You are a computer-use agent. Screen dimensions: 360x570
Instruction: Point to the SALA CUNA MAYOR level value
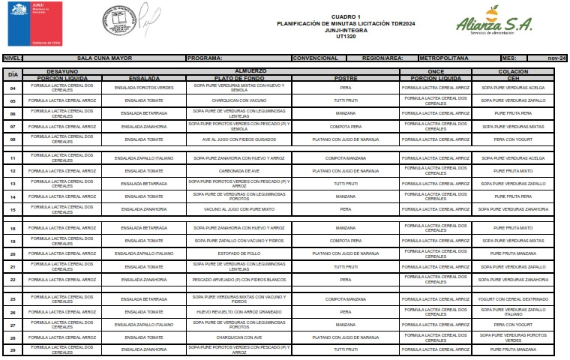(x=105, y=58)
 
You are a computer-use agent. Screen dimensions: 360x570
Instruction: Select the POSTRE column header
(x=345, y=76)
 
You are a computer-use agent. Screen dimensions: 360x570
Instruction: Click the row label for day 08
(x=13, y=139)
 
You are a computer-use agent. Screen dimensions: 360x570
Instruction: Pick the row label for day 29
(x=13, y=349)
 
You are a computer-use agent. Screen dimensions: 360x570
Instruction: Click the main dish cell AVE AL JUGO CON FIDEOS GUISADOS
(x=239, y=139)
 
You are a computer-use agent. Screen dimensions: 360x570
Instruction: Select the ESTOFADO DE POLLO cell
(x=239, y=253)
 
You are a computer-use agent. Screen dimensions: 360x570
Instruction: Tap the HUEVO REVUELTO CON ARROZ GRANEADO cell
(x=239, y=311)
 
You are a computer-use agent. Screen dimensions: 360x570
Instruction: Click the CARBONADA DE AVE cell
(x=239, y=171)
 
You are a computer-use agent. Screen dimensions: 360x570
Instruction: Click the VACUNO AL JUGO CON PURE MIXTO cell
(x=239, y=209)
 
